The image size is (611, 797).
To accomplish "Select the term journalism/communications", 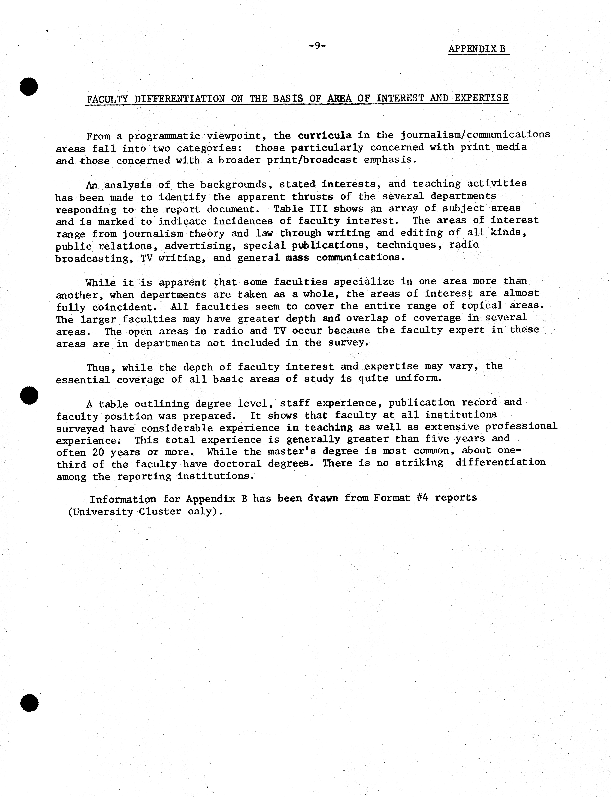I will pyautogui.click(x=475, y=135).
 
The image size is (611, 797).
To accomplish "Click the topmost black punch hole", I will pyautogui.click(x=29, y=87).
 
